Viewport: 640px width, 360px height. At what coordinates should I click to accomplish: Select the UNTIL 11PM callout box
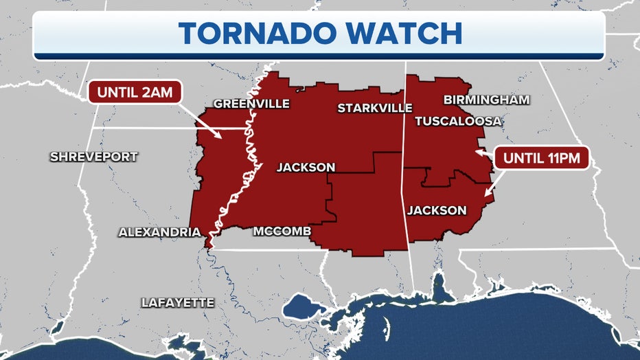click(542, 157)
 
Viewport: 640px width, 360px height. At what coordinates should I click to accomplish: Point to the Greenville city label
click(251, 104)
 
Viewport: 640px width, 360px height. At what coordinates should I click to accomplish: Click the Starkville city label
click(374, 108)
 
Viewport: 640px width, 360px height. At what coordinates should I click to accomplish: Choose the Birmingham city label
click(486, 100)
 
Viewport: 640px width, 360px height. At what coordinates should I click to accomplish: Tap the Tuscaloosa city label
click(458, 121)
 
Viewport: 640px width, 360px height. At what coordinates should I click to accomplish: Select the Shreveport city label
click(93, 157)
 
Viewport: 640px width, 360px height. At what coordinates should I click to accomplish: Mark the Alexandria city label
click(159, 232)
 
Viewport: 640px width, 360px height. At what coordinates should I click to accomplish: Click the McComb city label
click(282, 231)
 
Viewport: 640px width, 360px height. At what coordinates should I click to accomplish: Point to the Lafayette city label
click(178, 302)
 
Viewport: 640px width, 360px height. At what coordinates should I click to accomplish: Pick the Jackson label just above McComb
click(306, 167)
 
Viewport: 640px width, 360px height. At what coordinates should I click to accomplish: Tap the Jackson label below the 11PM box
click(437, 210)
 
